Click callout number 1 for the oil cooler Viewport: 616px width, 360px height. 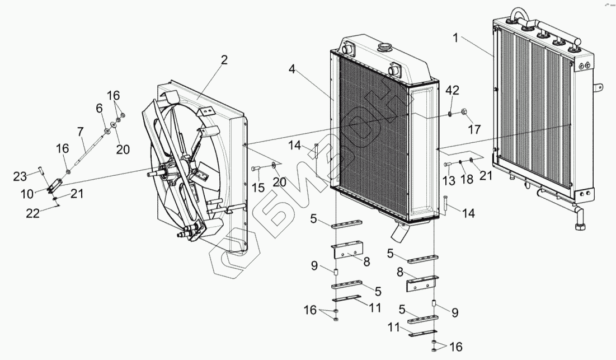click(456, 39)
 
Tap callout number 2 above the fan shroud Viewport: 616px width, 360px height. click(224, 60)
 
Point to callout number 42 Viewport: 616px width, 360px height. click(452, 91)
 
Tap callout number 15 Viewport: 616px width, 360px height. click(258, 188)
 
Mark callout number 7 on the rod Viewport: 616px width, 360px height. click(81, 132)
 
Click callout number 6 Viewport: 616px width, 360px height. click(100, 107)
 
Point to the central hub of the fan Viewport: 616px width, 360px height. click(170, 174)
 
